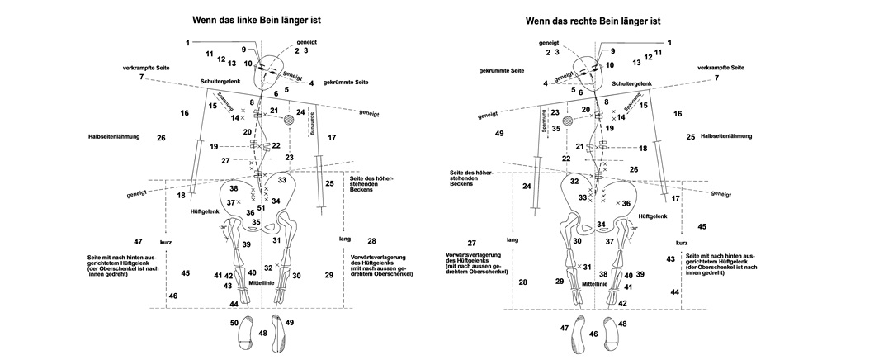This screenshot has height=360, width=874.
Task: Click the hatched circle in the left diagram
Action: pos(289,120)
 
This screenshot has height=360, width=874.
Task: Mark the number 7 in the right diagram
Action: pos(716,78)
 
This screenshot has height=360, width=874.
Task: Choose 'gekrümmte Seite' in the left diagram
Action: pos(346,83)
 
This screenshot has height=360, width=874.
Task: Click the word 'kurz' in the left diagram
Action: pos(167,243)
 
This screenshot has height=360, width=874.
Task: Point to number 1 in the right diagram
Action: pos(669,42)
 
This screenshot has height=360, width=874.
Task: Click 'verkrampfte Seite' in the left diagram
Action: pos(146,67)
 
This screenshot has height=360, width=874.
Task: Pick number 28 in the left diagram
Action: pos(371,241)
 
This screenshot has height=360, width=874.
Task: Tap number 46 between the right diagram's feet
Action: pos(593,334)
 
